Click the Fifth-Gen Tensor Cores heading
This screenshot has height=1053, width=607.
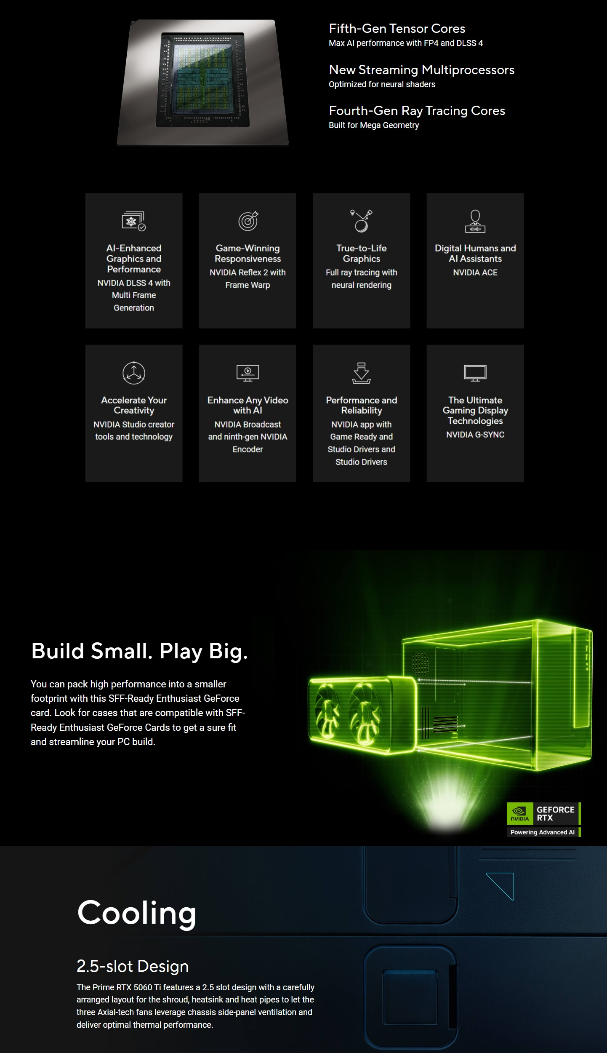pyautogui.click(x=397, y=29)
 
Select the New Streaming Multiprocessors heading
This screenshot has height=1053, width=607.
pyautogui.click(x=421, y=70)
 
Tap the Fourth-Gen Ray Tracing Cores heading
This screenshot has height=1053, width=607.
pyautogui.click(x=417, y=111)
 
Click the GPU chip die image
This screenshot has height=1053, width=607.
pyautogui.click(x=202, y=82)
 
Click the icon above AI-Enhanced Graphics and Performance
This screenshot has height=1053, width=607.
pyautogui.click(x=133, y=221)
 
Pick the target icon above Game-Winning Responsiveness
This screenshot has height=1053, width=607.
pyautogui.click(x=248, y=221)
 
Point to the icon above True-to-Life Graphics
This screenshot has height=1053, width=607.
pyautogui.click(x=361, y=221)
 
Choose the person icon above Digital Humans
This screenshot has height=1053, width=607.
pyautogui.click(x=475, y=221)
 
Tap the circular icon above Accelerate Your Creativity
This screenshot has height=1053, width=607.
pyautogui.click(x=134, y=373)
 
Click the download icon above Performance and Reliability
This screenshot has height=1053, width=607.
pyautogui.click(x=361, y=373)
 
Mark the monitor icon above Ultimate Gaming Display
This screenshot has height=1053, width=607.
pyautogui.click(x=475, y=373)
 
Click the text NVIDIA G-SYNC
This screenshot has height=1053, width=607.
pyautogui.click(x=475, y=435)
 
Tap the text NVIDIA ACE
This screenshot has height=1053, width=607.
pyautogui.click(x=475, y=273)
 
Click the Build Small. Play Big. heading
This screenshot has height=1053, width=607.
pyautogui.click(x=139, y=652)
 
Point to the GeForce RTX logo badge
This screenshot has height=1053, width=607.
pyautogui.click(x=543, y=814)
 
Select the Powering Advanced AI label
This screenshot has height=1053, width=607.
pyautogui.click(x=543, y=832)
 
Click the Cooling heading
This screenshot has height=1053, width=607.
pyautogui.click(x=137, y=913)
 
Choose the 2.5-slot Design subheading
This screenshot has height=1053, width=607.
pyautogui.click(x=133, y=966)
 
